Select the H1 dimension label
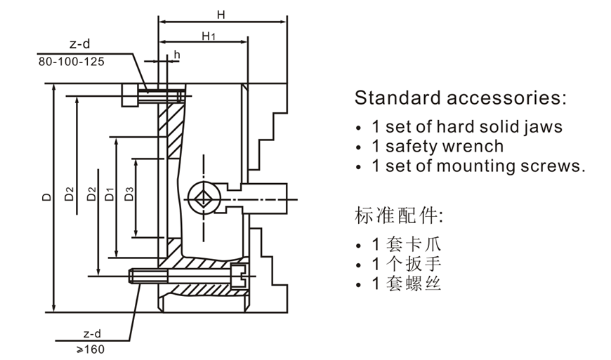[208, 36]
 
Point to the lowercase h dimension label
[177, 54]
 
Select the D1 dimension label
[109, 194]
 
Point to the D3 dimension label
[129, 194]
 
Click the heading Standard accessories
[460, 98]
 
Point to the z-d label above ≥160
[92, 333]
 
